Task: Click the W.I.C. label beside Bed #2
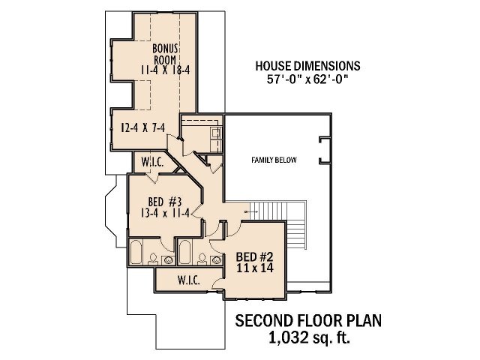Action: coord(187,280)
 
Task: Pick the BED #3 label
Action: coord(163,201)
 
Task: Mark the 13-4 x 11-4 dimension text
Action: coord(164,213)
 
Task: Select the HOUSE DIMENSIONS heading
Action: coord(308,65)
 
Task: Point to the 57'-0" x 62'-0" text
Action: coord(308,78)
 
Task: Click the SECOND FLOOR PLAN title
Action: coord(308,321)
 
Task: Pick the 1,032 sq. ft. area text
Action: coord(308,337)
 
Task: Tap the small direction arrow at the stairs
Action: coord(251,212)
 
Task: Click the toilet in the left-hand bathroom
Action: coord(154,259)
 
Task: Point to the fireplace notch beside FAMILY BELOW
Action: coord(322,150)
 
